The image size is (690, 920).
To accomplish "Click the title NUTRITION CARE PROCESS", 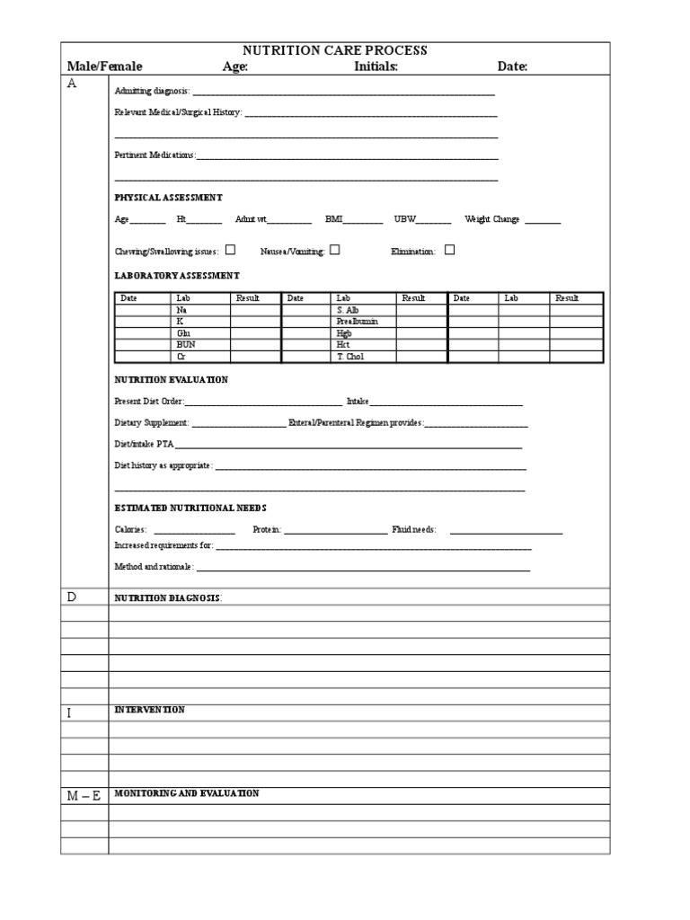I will (x=335, y=50).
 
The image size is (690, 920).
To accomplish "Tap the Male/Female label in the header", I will (x=104, y=66).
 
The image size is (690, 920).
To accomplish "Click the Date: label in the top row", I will (x=512, y=66).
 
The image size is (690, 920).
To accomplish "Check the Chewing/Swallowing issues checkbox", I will (x=231, y=251).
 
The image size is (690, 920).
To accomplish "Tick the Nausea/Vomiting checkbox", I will (x=334, y=251).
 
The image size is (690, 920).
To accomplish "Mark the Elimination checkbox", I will (x=449, y=251).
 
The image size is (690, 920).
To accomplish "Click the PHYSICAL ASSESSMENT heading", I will (x=168, y=197).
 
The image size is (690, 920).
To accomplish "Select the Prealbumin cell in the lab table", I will (x=352, y=321).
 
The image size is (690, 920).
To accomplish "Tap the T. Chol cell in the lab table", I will (x=349, y=356).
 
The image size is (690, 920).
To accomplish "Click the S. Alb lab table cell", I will (x=347, y=310).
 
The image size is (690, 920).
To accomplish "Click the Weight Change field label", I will (x=491, y=219).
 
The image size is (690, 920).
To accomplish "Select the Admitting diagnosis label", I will (x=152, y=91).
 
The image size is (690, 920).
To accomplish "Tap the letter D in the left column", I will (x=71, y=597).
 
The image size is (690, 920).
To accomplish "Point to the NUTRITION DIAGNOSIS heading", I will (x=167, y=597).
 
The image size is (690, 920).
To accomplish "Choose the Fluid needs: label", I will (x=413, y=530).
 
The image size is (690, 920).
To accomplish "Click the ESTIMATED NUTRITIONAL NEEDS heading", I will (x=190, y=508).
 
